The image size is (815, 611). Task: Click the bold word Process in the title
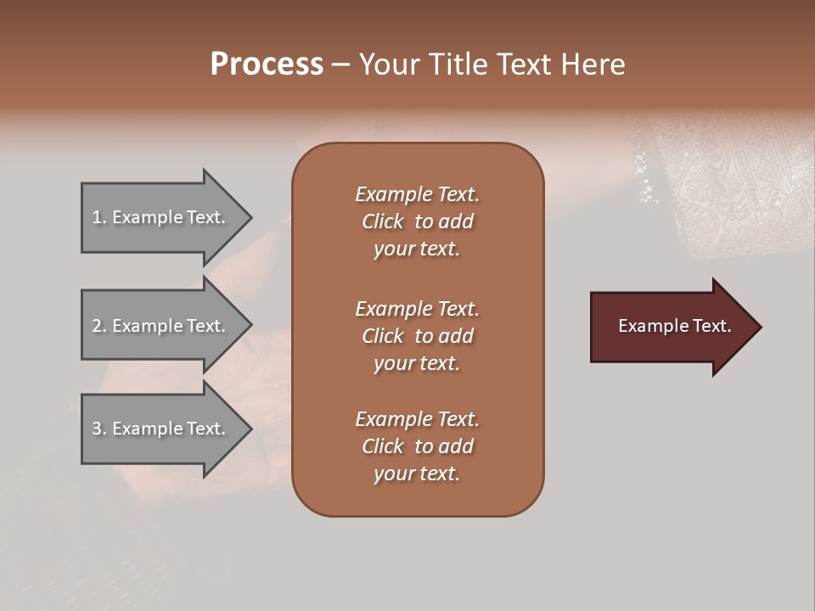[267, 64]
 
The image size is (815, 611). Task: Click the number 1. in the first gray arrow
[99, 218]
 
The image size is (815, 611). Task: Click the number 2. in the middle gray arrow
[99, 326]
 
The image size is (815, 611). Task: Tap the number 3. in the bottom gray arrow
[99, 429]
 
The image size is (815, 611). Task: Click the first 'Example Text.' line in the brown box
[417, 194]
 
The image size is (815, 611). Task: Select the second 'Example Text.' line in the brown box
[417, 309]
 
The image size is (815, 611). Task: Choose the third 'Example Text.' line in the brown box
[417, 419]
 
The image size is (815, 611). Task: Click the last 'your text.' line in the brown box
[417, 474]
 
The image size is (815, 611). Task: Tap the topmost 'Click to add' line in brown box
[417, 221]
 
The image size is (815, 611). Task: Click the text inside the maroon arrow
[674, 326]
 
